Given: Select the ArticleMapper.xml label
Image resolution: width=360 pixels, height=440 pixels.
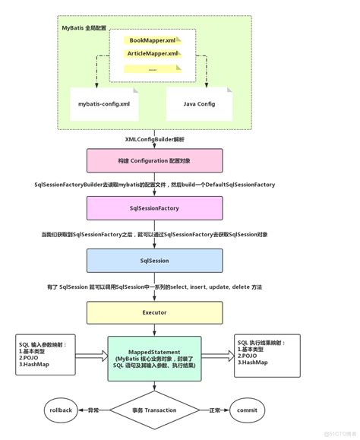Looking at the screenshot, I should (152, 53).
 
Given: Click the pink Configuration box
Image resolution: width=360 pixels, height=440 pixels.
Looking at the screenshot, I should (154, 162).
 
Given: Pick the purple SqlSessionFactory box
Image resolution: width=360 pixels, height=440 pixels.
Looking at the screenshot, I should (154, 207).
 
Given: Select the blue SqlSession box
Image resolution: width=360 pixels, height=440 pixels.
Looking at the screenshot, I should (154, 261).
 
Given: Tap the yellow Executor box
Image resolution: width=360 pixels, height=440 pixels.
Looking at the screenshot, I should (154, 312).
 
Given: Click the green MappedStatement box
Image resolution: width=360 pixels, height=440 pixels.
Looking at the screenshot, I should (154, 357).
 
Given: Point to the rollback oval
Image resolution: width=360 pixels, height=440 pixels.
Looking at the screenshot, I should (62, 410).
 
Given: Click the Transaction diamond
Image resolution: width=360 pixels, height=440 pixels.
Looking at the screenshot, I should (154, 410).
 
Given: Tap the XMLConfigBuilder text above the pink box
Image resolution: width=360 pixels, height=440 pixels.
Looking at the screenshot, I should (154, 140).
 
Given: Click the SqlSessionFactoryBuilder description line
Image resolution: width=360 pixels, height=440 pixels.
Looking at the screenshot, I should (154, 185).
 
